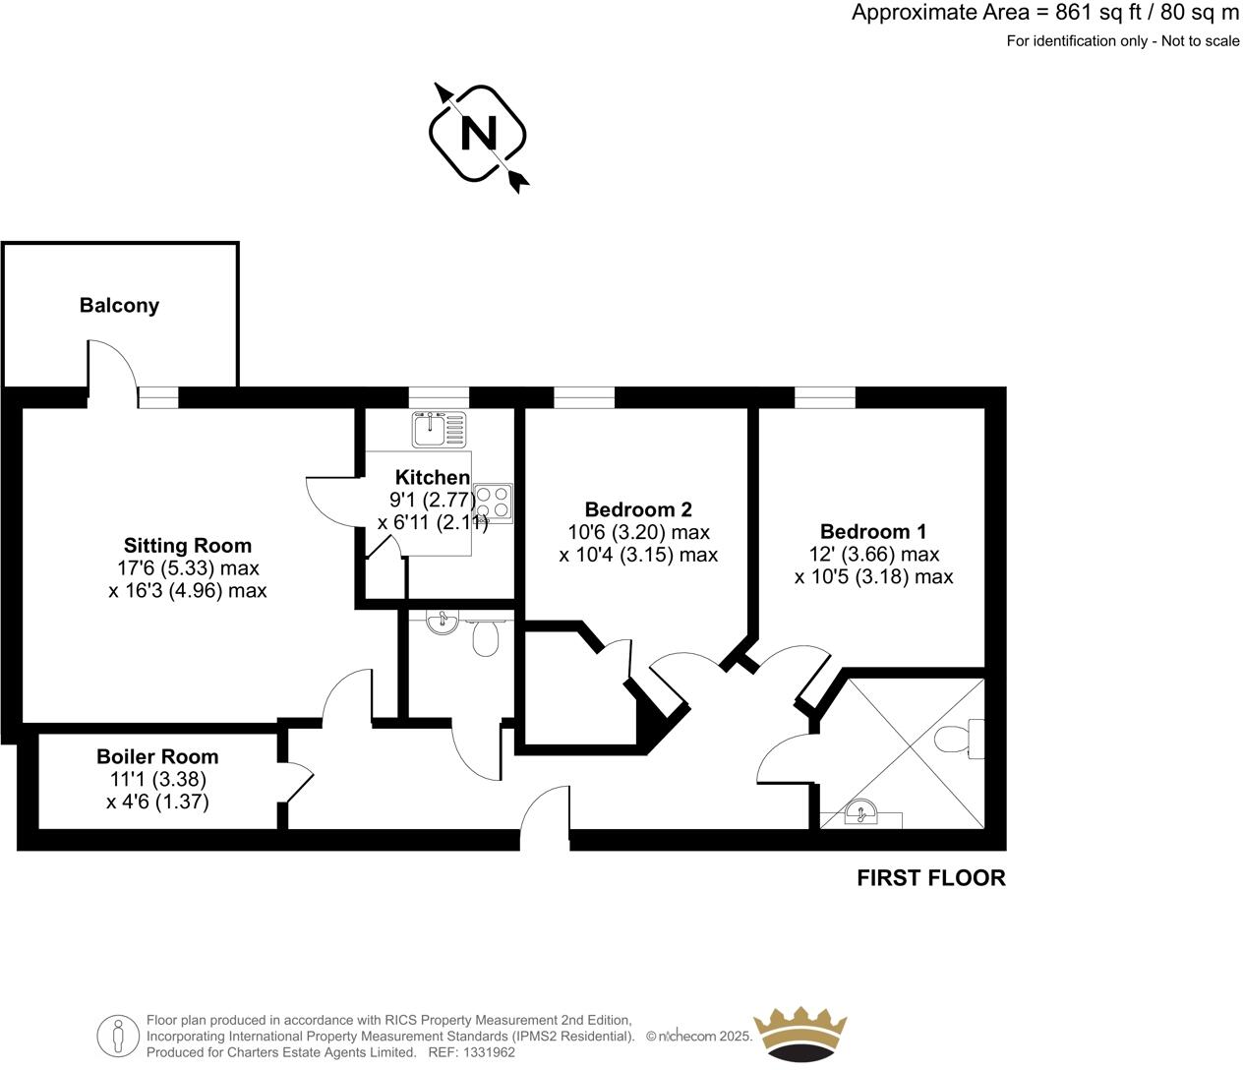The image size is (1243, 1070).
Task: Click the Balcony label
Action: [119, 306]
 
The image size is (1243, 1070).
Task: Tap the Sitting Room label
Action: [187, 546]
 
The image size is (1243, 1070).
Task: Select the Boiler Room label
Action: [157, 757]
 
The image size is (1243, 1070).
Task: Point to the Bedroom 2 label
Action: [638, 509]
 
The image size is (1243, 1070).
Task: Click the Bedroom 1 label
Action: [873, 532]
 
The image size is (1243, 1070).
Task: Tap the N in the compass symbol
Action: [479, 133]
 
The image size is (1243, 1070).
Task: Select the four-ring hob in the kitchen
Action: [493, 502]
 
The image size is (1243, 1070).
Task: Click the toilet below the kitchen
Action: [485, 637]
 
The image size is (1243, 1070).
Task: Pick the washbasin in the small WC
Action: [443, 621]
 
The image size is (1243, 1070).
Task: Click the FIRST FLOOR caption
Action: [931, 878]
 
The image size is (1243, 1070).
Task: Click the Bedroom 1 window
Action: [824, 396]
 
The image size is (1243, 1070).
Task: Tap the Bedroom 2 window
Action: [584, 396]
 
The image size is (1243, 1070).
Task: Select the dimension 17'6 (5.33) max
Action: [187, 568]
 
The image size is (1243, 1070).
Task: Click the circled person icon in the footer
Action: [118, 1036]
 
